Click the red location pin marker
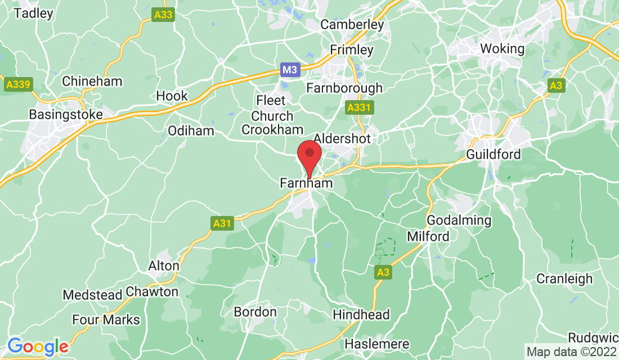(309, 155)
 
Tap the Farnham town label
(306, 183)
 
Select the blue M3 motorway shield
(290, 70)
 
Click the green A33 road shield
(163, 16)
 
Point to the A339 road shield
(19, 85)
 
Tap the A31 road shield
(223, 223)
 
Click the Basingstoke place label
(66, 115)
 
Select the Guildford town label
(494, 154)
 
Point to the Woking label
(502, 48)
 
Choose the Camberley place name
(352, 25)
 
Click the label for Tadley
(33, 13)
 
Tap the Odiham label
(191, 131)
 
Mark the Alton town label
(163, 265)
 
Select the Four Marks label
(106, 320)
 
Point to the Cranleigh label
(564, 279)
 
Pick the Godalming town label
(459, 220)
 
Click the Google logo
(38, 346)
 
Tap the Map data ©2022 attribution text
(571, 352)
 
